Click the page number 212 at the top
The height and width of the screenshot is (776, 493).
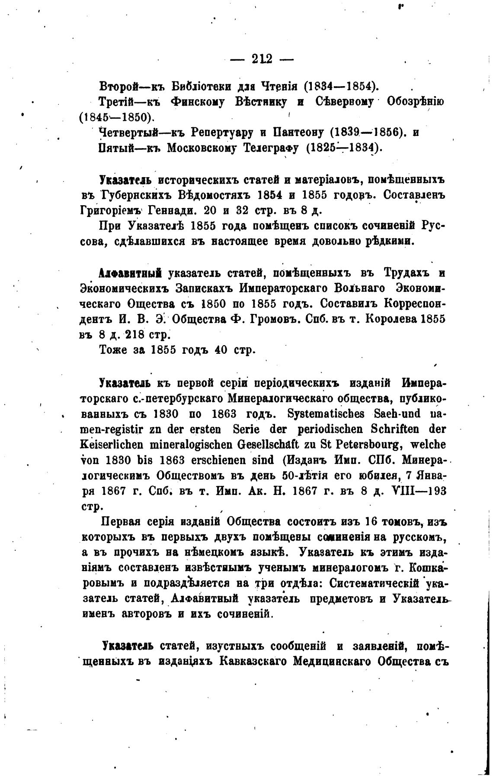(261, 59)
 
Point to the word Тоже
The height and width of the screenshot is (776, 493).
(114, 349)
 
